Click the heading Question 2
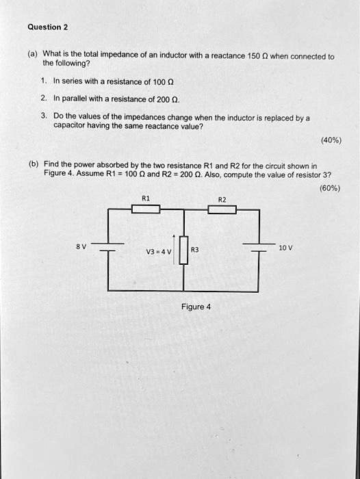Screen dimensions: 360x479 [47, 27]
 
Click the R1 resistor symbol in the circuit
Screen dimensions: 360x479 [145, 209]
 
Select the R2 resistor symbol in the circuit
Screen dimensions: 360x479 [222, 209]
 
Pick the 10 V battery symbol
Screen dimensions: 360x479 [259, 248]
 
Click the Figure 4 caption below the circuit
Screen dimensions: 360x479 [195, 307]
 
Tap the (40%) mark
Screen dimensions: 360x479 [331, 141]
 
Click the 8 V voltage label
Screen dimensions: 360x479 [81, 245]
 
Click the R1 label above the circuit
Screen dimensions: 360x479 [145, 198]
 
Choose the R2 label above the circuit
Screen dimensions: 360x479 [222, 198]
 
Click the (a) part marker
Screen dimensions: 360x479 [32, 53]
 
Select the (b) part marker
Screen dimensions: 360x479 [32, 165]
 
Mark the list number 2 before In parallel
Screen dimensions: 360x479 [44, 98]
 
